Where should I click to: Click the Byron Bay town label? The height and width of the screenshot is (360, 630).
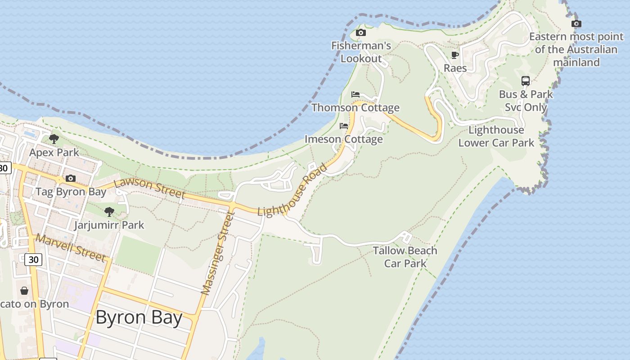point(139,318)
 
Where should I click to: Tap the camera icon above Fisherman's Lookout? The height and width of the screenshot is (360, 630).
point(360,32)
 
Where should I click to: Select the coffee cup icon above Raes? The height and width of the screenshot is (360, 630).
point(455,55)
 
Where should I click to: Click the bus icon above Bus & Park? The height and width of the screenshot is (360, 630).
point(526,81)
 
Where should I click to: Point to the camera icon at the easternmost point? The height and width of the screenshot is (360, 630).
point(576,23)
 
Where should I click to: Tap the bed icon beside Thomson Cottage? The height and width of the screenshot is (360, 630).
point(355,94)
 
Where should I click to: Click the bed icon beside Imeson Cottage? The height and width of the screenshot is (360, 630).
point(344,126)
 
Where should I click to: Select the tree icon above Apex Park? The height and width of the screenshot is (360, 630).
point(54,139)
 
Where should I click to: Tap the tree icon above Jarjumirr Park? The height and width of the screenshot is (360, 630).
point(109,211)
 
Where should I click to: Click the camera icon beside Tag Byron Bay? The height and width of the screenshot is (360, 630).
point(71,179)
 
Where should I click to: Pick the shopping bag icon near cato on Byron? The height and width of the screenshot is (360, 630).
point(24,291)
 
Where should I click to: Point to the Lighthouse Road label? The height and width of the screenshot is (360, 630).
point(292,190)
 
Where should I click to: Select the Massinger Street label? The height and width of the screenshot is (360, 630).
point(218,253)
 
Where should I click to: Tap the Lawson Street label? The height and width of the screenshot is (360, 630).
point(149,189)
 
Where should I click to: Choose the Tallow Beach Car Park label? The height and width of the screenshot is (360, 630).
point(405,256)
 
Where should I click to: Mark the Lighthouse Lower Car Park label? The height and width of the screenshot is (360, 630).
point(496,136)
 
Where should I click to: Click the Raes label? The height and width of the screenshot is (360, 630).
point(455,68)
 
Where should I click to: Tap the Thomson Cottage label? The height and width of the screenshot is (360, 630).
point(355,108)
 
